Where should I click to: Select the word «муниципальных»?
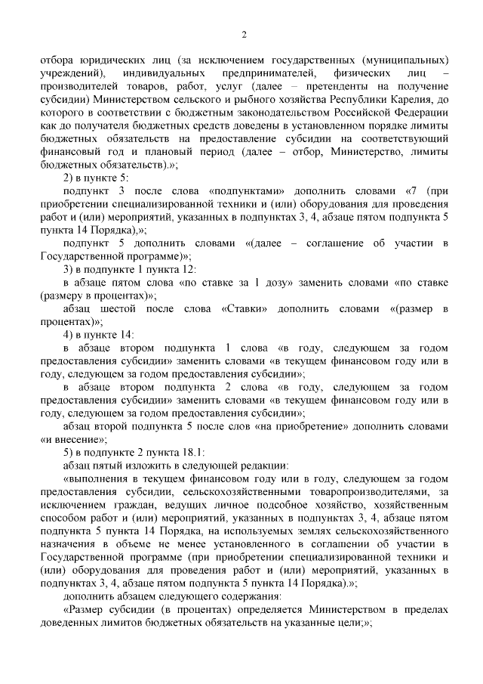409,59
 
